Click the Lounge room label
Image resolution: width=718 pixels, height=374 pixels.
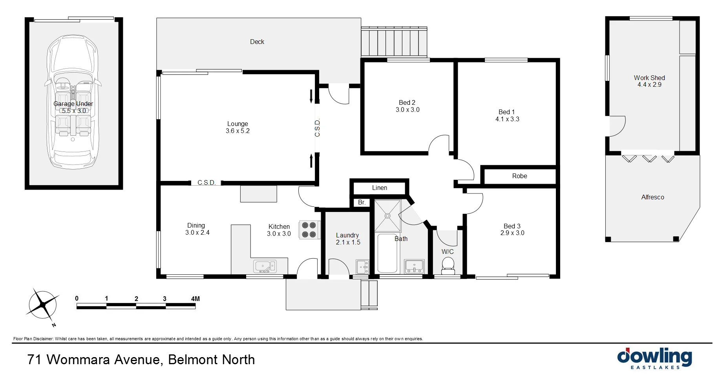(238, 124)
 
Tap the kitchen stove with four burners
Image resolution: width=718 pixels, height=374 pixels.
(309, 230)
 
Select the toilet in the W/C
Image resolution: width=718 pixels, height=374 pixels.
(448, 265)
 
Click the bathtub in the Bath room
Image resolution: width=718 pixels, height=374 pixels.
(387, 253)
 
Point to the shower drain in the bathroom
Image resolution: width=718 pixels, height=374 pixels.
(388, 216)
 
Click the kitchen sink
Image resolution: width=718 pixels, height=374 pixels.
(265, 266)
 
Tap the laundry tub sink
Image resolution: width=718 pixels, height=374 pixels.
(362, 267)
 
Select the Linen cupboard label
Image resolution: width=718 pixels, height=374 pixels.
(380, 188)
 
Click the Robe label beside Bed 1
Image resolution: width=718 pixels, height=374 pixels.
(519, 176)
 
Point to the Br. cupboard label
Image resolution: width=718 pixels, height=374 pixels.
(362, 203)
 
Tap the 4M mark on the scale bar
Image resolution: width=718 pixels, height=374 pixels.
(195, 299)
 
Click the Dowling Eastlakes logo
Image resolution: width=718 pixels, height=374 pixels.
(654, 358)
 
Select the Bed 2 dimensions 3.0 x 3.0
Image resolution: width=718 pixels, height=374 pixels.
(407, 110)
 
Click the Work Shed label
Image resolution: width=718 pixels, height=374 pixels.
(649, 78)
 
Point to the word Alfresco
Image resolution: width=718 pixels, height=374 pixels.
(652, 197)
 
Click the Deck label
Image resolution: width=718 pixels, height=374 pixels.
(257, 42)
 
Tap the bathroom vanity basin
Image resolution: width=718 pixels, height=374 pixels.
(414, 266)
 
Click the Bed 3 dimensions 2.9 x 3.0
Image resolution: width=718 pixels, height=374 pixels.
(512, 233)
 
